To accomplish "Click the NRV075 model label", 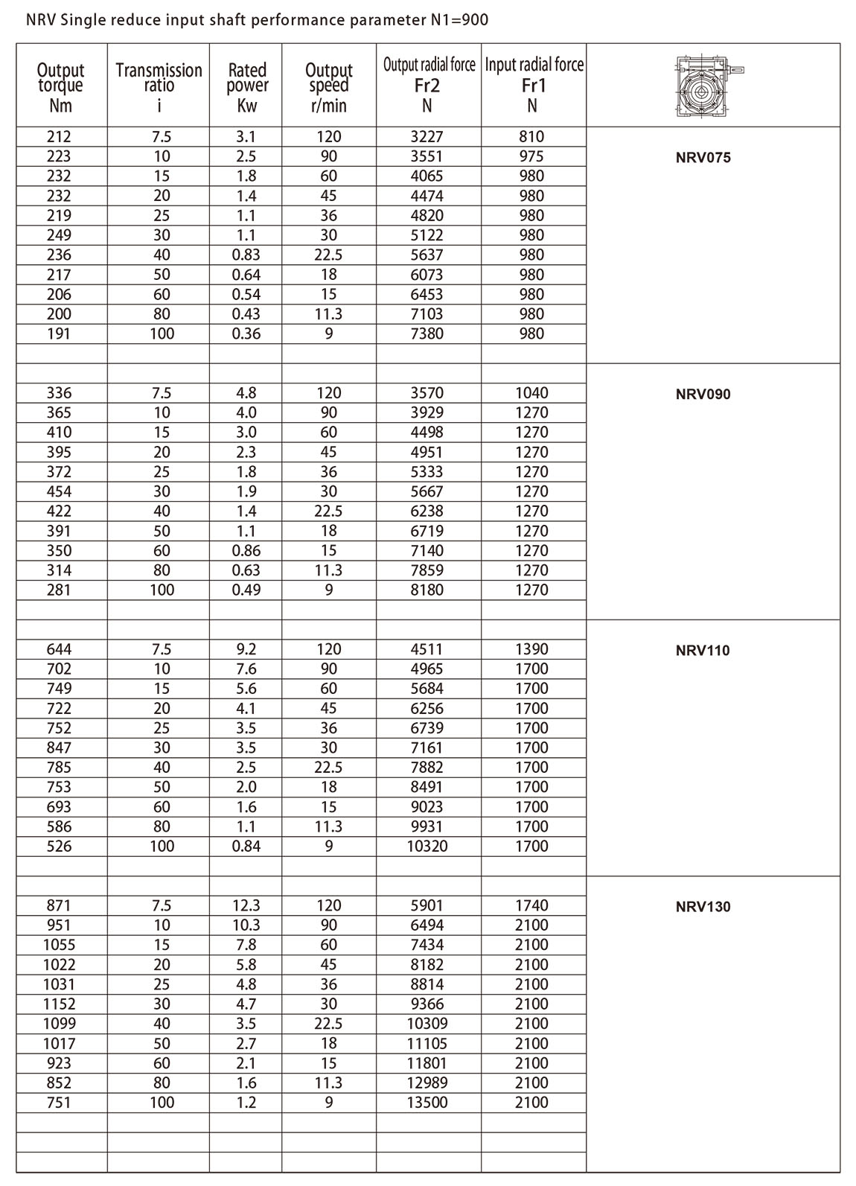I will (x=703, y=158).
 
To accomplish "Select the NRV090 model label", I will (x=703, y=394).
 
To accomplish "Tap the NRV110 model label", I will (x=703, y=651).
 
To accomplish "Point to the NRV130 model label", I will (x=703, y=907).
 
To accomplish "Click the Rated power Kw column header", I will (x=246, y=87).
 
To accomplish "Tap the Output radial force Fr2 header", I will (x=429, y=84).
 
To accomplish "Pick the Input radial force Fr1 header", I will (x=534, y=84).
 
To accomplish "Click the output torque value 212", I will (x=59, y=137).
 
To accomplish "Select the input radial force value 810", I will (x=531, y=137).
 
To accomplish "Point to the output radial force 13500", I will (x=427, y=1103).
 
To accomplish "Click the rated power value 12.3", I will (x=246, y=906).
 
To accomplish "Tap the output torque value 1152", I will (x=59, y=1004).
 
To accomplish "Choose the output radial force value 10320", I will (x=427, y=847).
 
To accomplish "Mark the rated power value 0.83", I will (x=246, y=255).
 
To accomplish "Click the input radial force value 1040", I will (x=531, y=393).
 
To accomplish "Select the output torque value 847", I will (x=59, y=748).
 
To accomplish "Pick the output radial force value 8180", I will (x=427, y=590).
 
